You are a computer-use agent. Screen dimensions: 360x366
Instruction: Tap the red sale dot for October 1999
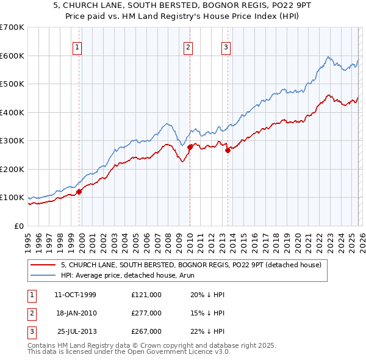(79, 192)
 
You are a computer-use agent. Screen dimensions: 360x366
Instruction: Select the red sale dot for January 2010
(190, 147)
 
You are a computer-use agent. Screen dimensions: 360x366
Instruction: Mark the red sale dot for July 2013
(228, 150)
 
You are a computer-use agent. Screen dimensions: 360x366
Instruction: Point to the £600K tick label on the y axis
(12, 56)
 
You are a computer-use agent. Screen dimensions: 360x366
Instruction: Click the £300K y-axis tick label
(12, 141)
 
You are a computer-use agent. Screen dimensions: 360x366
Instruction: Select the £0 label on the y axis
(18, 226)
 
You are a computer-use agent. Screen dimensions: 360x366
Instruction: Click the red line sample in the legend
(43, 265)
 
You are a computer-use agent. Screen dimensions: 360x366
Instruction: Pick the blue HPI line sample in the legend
(43, 275)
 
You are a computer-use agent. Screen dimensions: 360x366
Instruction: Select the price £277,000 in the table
(146, 313)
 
